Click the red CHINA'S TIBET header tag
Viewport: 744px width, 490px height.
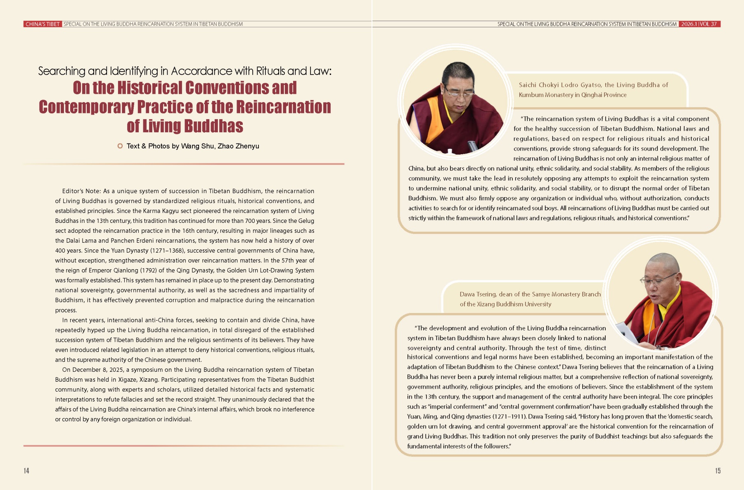pos(43,24)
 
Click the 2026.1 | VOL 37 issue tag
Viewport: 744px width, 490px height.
pos(699,24)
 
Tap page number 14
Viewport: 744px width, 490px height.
pos(26,471)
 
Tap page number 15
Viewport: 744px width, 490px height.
pos(718,471)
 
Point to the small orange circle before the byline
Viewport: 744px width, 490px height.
pos(120,146)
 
